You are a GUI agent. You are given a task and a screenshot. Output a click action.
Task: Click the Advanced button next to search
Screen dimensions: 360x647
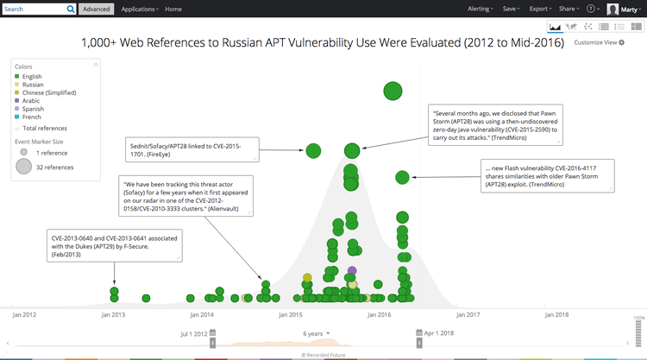click(96, 9)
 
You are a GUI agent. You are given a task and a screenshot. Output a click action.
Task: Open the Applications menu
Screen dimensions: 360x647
click(140, 9)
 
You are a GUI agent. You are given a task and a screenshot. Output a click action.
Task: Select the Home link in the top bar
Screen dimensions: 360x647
click(173, 9)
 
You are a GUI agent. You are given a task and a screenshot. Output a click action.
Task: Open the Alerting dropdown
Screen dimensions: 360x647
click(480, 9)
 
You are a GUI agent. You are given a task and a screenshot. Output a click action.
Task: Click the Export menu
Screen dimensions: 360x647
click(540, 9)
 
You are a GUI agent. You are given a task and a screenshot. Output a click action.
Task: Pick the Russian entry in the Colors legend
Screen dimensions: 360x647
click(33, 85)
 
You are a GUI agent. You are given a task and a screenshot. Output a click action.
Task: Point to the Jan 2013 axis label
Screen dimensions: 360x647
click(113, 315)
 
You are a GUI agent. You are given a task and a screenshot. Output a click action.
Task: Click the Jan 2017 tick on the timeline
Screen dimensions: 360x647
click(467, 315)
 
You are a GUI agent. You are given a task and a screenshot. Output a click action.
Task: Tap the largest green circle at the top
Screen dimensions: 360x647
click(393, 91)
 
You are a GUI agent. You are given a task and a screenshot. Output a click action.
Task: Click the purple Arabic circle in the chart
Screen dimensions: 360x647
click(352, 271)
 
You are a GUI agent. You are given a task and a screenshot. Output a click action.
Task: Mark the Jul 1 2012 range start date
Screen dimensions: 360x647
click(193, 332)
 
